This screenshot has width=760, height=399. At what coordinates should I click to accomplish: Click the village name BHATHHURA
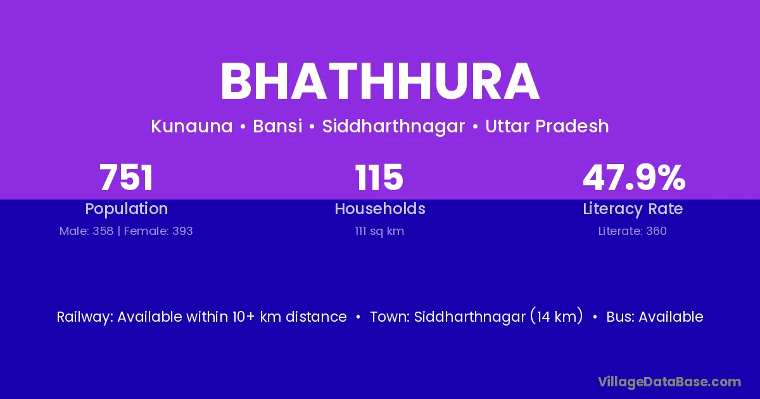pyautogui.click(x=379, y=82)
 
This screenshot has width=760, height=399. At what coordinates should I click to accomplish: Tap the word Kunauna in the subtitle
pyautogui.click(x=192, y=126)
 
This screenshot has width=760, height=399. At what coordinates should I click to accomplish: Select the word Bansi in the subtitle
pyautogui.click(x=277, y=126)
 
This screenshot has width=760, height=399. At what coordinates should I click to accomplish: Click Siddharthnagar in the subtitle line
pyautogui.click(x=393, y=127)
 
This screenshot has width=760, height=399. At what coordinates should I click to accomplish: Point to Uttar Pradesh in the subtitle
pyautogui.click(x=547, y=126)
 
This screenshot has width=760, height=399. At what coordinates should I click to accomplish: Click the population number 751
pyautogui.click(x=126, y=177)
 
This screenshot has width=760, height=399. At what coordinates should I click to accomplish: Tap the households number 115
pyautogui.click(x=379, y=177)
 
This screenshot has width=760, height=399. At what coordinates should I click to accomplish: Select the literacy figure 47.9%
pyautogui.click(x=634, y=177)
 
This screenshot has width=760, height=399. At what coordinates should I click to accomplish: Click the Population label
pyautogui.click(x=127, y=209)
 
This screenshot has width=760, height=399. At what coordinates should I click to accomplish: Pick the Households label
pyautogui.click(x=380, y=208)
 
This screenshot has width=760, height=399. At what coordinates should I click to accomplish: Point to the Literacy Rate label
pyautogui.click(x=633, y=209)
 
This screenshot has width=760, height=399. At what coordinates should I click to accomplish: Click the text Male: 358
pyautogui.click(x=86, y=231)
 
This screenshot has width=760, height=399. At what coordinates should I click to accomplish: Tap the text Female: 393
pyautogui.click(x=158, y=231)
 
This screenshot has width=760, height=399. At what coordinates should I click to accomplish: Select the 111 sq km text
pyautogui.click(x=379, y=231)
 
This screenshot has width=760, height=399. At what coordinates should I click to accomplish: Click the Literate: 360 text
pyautogui.click(x=633, y=231)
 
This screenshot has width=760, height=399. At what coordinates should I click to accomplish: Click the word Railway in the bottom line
pyautogui.click(x=85, y=317)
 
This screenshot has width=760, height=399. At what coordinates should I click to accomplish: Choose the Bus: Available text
pyautogui.click(x=655, y=317)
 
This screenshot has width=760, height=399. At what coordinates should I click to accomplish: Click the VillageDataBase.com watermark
pyautogui.click(x=669, y=382)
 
